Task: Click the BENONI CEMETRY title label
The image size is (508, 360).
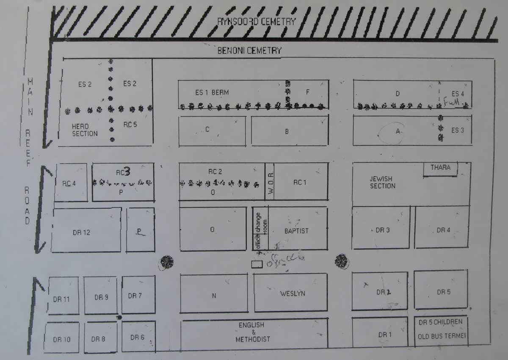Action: [249, 51]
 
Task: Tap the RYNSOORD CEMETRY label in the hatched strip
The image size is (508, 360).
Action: [256, 21]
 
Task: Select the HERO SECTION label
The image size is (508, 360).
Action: [85, 130]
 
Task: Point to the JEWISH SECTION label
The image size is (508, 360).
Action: [383, 183]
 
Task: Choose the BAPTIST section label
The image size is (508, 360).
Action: [296, 231]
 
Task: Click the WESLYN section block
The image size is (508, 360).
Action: [292, 293]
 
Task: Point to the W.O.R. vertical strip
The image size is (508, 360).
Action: [270, 181]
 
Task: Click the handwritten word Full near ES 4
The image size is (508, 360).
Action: [452, 102]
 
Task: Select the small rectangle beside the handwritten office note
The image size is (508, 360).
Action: [257, 264]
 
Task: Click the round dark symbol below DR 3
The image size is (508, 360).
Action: [341, 261]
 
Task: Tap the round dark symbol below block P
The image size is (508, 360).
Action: [167, 262]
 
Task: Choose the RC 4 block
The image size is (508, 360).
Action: [70, 183]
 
